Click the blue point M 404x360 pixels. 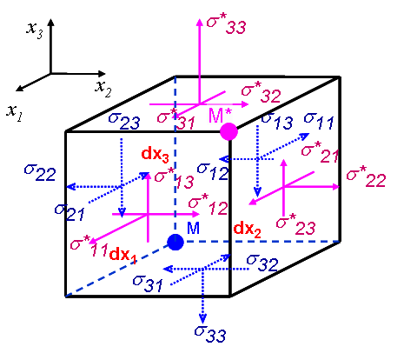coord(176,242)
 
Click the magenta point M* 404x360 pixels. coord(229,131)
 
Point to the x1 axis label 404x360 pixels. coord(15,110)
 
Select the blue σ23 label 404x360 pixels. coord(123,124)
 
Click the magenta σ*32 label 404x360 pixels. coord(261,90)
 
